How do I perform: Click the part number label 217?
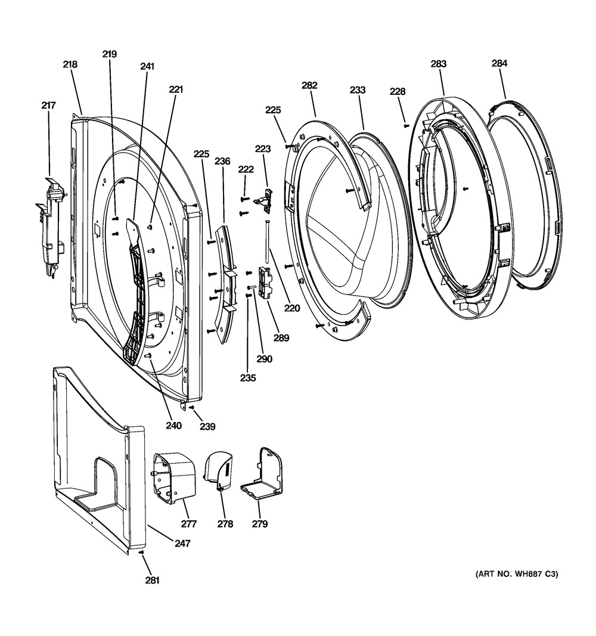(x=48, y=106)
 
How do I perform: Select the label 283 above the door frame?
(x=439, y=63)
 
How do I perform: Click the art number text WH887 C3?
(x=517, y=575)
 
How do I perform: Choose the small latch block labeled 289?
(x=265, y=282)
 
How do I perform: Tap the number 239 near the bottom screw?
(x=207, y=426)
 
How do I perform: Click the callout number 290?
(x=264, y=359)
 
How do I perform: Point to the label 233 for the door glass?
(x=358, y=90)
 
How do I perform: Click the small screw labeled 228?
(x=406, y=125)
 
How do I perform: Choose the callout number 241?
(x=147, y=67)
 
